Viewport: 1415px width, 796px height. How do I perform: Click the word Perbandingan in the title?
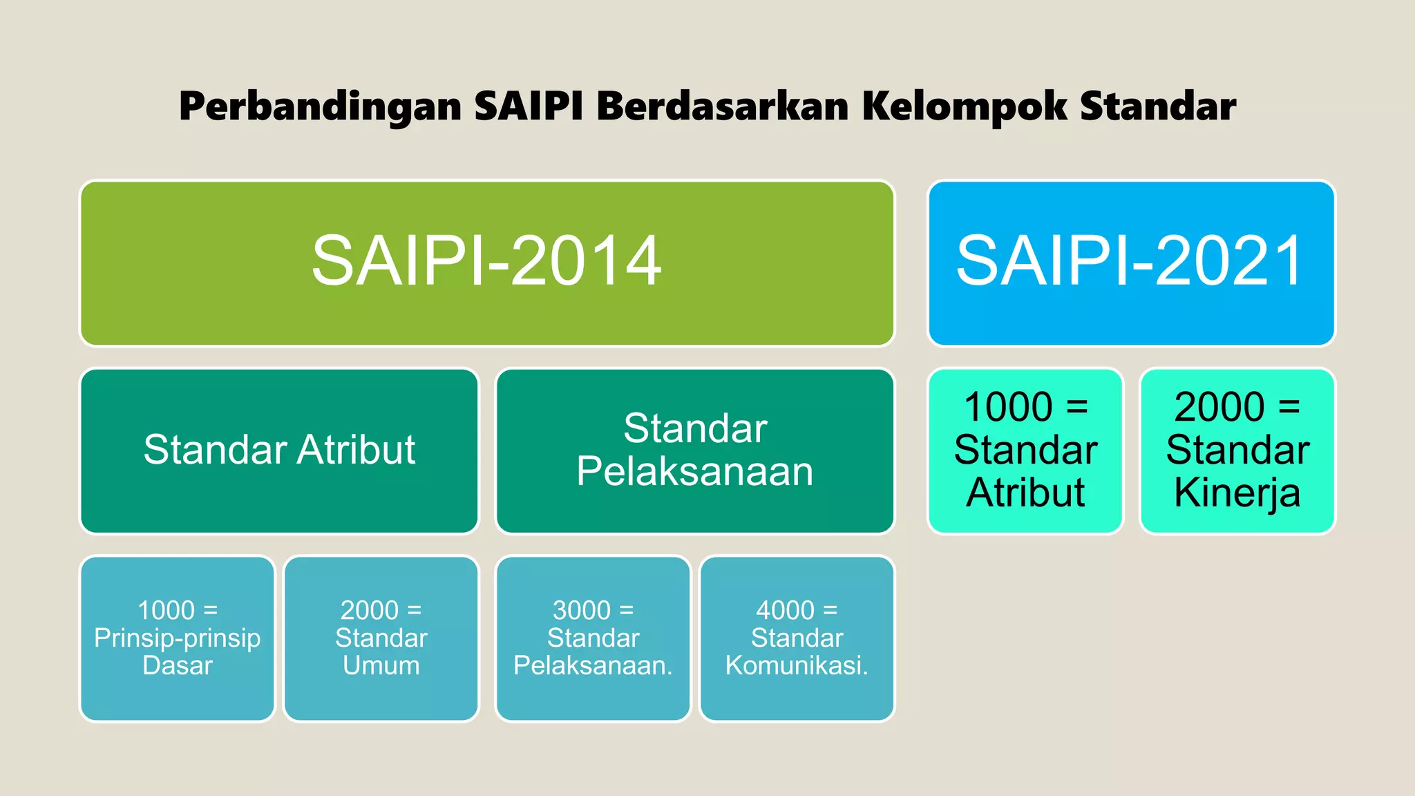point(320,108)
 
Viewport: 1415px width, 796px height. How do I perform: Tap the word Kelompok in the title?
point(964,108)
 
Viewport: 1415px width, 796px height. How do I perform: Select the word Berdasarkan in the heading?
point(723,106)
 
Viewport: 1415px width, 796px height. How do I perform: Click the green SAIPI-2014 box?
point(486,263)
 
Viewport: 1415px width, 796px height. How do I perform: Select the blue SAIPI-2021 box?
point(1131,263)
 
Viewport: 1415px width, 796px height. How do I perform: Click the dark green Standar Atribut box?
point(279,451)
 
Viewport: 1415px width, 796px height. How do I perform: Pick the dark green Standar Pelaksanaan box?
point(695,451)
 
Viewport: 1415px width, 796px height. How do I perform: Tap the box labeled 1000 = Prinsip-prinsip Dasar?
point(178,638)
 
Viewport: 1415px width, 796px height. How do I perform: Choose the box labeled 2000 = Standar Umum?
point(381,638)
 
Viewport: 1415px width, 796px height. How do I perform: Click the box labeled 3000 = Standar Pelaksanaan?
point(593,638)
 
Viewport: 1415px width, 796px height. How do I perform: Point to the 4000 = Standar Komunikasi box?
point(797,638)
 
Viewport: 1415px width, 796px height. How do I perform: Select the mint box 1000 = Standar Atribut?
point(1025,451)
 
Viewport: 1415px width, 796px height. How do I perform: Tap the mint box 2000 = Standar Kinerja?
point(1237,451)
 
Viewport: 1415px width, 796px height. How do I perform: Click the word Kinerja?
point(1237,493)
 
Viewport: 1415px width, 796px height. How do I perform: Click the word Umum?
point(381,665)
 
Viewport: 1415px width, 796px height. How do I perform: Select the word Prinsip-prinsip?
point(178,638)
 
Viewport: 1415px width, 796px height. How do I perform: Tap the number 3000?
point(582,610)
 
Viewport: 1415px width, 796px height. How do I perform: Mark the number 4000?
point(785,610)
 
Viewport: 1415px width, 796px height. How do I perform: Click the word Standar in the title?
point(1157,106)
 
